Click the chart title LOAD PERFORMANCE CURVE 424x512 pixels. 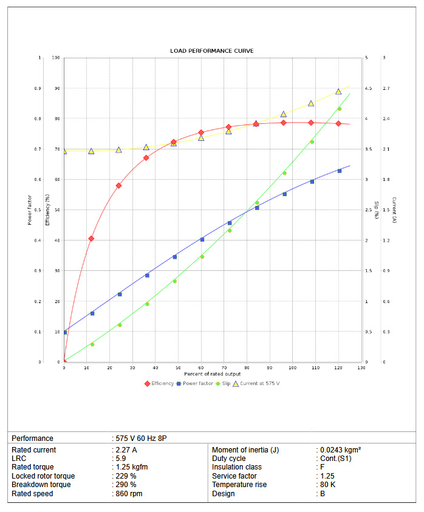(211, 50)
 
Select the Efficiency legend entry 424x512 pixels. (158, 383)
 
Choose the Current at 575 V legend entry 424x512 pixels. (259, 383)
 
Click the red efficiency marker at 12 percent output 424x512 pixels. (91, 239)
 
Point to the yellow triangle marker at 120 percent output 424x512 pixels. (338, 92)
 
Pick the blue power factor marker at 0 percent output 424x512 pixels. (64, 332)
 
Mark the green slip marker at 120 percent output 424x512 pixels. (339, 109)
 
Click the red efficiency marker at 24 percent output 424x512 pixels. (119, 185)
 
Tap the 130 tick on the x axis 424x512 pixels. (361, 368)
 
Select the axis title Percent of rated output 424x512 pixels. (212, 374)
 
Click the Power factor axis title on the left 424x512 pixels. (30, 210)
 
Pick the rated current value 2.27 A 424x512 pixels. (126, 450)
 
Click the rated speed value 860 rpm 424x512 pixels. (129, 494)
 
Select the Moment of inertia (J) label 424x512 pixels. (245, 450)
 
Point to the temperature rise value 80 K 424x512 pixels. (328, 485)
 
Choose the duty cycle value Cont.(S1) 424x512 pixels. (335, 459)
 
